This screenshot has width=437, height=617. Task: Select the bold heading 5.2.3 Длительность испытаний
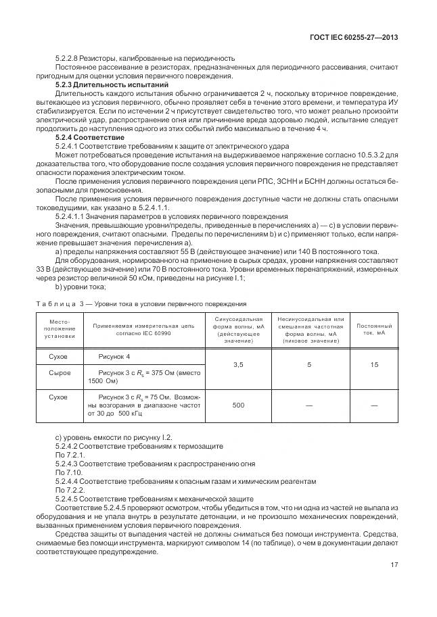[112, 85]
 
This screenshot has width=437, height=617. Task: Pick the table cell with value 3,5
[238, 365]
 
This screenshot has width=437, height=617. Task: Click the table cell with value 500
[238, 405]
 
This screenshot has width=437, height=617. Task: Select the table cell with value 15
[373, 365]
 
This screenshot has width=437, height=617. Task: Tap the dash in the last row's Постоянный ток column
[373, 405]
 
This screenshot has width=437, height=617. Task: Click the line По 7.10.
[67, 472]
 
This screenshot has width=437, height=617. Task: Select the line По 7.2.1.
[68, 455]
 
